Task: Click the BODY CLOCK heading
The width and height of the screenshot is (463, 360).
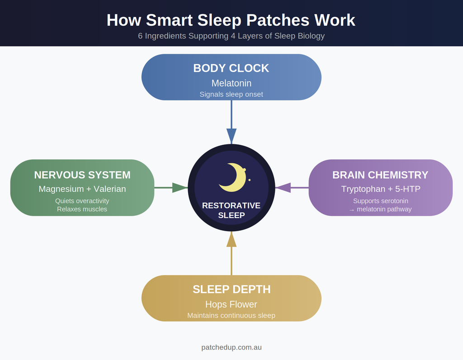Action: click(x=231, y=68)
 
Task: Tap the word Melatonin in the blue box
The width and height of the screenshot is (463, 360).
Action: click(x=231, y=83)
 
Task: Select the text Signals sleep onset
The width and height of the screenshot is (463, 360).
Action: click(x=231, y=94)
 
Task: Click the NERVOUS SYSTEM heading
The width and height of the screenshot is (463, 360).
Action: click(x=82, y=175)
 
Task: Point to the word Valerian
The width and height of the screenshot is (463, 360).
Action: click(x=110, y=189)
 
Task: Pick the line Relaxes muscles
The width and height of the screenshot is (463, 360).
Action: click(x=82, y=209)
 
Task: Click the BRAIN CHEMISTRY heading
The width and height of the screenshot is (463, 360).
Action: click(x=380, y=175)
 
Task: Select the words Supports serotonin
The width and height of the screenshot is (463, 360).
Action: click(x=381, y=201)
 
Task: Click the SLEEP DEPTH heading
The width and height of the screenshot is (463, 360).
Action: click(x=231, y=289)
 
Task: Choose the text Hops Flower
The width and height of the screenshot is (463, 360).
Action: click(x=231, y=304)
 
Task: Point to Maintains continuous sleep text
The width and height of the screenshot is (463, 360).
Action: click(x=231, y=315)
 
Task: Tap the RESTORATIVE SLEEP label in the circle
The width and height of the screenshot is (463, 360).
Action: click(x=231, y=210)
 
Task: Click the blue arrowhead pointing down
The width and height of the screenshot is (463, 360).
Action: click(x=231, y=136)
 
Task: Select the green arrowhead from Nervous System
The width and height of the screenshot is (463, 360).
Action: click(x=180, y=188)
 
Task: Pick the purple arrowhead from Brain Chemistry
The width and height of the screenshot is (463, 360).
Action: click(x=283, y=188)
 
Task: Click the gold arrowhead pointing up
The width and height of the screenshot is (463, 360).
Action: click(x=231, y=239)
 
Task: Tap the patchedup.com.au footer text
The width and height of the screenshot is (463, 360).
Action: click(x=231, y=347)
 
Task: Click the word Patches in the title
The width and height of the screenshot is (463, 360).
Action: click(x=278, y=20)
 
